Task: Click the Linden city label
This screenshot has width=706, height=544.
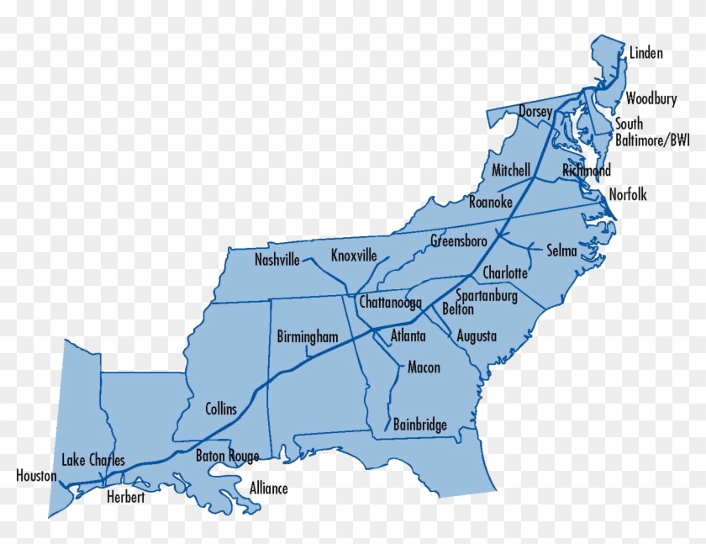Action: point(645,54)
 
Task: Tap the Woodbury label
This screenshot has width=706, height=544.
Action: point(651,99)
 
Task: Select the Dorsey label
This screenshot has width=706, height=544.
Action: point(535,112)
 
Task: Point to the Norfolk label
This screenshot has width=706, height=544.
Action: point(628,195)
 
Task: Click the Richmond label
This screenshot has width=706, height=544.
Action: point(587,171)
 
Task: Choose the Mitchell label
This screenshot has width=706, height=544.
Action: point(511,170)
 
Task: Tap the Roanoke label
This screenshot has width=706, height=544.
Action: point(491,202)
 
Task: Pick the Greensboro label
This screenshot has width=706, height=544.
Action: point(459,241)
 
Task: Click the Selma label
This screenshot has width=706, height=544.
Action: point(561,251)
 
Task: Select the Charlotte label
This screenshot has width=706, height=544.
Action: point(505,273)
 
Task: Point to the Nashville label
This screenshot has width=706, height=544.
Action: point(277,261)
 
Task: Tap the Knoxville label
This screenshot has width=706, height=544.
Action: point(354,256)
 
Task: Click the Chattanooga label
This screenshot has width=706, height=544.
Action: point(390,302)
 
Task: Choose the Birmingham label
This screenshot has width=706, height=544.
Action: point(308,337)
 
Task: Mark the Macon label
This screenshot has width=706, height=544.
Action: point(424,367)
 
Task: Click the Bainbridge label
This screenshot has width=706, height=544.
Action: point(419,425)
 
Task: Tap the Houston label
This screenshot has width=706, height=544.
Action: point(36,476)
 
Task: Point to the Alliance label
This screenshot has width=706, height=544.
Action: point(269,489)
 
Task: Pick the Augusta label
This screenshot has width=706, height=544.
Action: point(477,336)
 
